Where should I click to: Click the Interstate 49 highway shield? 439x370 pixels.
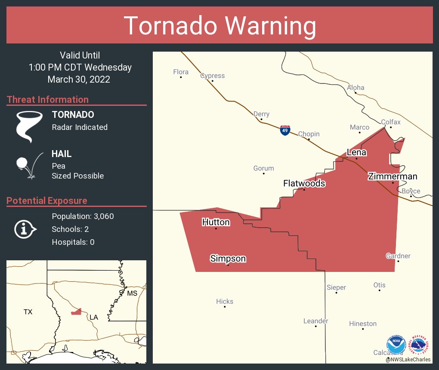click(x=285, y=130)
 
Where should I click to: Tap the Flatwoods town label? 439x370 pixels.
click(x=304, y=184)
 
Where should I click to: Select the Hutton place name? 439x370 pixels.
click(x=216, y=222)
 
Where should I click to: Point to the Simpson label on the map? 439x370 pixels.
click(x=228, y=259)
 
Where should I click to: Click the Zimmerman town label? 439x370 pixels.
click(x=392, y=176)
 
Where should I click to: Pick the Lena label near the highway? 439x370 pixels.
click(x=356, y=152)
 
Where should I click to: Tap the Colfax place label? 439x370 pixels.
click(x=390, y=122)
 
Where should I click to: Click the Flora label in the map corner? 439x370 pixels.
click(x=181, y=72)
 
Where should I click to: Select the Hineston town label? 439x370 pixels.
click(x=362, y=324)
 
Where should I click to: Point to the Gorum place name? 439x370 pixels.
click(x=263, y=168)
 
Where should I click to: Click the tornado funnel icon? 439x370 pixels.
click(x=29, y=126)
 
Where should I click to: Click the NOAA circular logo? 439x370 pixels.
click(x=396, y=345)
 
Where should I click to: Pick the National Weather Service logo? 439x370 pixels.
click(x=420, y=345)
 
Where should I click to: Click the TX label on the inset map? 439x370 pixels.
click(x=28, y=311)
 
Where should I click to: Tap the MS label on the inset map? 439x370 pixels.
click(x=132, y=293)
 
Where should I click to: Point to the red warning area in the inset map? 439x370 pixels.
click(x=76, y=311)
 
